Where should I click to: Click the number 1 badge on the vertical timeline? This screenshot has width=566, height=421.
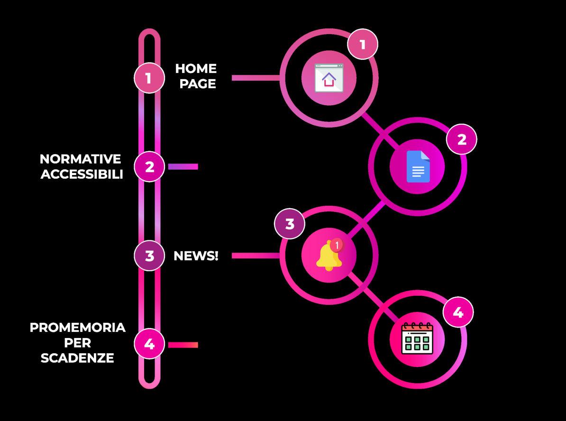pyautogui.click(x=149, y=78)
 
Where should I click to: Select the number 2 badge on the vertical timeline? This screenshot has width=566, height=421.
pyautogui.click(x=149, y=166)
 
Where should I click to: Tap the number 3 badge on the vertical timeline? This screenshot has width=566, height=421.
pyautogui.click(x=149, y=256)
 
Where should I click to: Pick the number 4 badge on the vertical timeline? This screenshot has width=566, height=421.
pyautogui.click(x=149, y=344)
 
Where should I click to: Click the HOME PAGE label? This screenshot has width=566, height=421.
pyautogui.click(x=196, y=76)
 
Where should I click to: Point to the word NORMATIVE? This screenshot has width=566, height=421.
pyautogui.click(x=80, y=159)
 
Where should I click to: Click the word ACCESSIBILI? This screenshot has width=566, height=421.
pyautogui.click(x=82, y=174)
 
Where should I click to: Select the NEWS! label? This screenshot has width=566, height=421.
pyautogui.click(x=196, y=256)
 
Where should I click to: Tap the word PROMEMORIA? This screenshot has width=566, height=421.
pyautogui.click(x=78, y=328)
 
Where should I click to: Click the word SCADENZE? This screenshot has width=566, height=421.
pyautogui.click(x=77, y=358)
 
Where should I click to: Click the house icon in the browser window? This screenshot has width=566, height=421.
pyautogui.click(x=329, y=79)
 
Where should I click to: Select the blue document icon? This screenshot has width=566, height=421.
pyautogui.click(x=418, y=166)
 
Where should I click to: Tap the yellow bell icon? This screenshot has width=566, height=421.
pyautogui.click(x=327, y=256)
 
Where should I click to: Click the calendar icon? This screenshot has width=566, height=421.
pyautogui.click(x=417, y=339)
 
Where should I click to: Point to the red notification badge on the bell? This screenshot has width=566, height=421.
pyautogui.click(x=337, y=245)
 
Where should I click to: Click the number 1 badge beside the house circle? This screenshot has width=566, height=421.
pyautogui.click(x=363, y=45)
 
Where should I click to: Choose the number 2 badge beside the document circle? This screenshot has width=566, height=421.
pyautogui.click(x=461, y=139)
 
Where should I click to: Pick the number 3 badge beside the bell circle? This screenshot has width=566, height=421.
pyautogui.click(x=290, y=223)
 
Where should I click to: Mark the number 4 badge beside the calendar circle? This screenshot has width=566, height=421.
pyautogui.click(x=458, y=312)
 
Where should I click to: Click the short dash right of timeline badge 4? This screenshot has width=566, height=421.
pyautogui.click(x=183, y=345)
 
